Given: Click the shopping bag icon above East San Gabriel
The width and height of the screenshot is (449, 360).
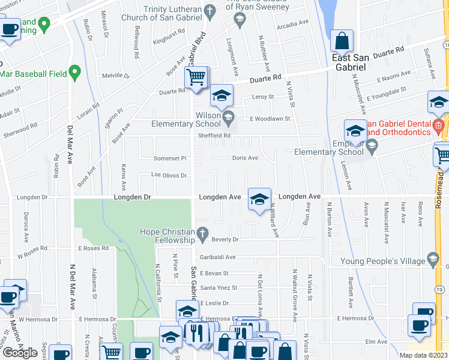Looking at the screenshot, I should tap(342, 41).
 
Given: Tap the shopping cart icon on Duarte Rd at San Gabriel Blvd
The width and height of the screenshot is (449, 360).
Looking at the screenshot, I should tap(196, 77).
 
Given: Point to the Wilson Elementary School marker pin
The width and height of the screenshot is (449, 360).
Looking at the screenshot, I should tap(228, 116).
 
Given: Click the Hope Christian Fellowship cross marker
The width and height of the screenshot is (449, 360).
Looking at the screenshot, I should tap(203, 232).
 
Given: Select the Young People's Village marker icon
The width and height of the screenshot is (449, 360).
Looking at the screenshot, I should tap(432, 260).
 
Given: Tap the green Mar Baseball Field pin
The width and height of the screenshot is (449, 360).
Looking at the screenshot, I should tap(75, 73).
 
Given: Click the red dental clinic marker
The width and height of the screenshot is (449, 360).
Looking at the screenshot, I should tap(439, 125).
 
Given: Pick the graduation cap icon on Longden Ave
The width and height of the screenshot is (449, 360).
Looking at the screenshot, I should tap(259, 200).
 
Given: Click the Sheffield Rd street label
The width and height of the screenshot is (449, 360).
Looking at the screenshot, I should tap(219, 136).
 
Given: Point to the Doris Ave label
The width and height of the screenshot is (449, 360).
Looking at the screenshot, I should tap(245, 158).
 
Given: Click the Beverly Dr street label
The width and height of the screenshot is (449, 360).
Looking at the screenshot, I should tap(225, 239).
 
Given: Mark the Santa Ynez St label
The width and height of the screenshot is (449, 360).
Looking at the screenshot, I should tap(218, 287).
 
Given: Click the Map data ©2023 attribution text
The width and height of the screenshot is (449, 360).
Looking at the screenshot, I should tap(423, 355).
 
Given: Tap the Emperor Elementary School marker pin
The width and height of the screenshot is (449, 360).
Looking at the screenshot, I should tap(372, 145).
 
